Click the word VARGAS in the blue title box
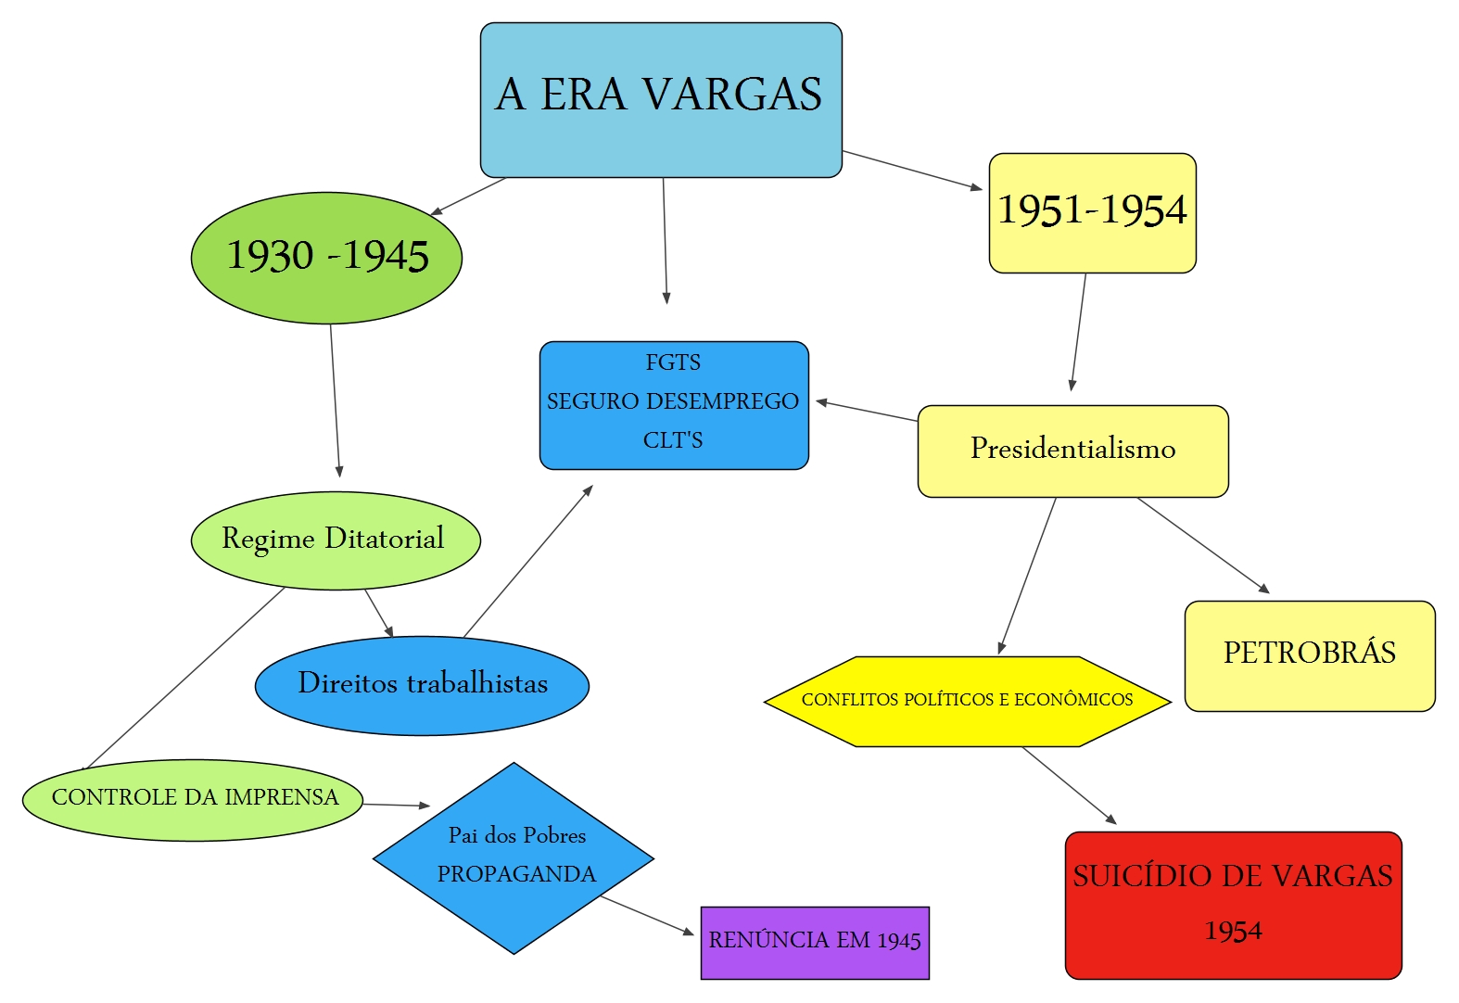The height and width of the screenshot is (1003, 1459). (x=732, y=95)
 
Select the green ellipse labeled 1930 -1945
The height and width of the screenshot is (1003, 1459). (x=326, y=257)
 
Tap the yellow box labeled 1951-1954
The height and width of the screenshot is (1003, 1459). (x=1092, y=211)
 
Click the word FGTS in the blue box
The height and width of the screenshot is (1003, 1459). (x=673, y=362)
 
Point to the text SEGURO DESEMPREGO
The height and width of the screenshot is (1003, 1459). (x=673, y=401)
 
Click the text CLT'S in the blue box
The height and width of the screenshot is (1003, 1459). (x=673, y=440)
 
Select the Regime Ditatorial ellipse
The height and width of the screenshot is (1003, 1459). (x=335, y=540)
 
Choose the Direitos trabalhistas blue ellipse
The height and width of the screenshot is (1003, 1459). (x=422, y=685)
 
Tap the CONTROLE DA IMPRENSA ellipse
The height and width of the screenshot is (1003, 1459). (x=194, y=798)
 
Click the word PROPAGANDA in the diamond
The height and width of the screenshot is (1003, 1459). (x=516, y=874)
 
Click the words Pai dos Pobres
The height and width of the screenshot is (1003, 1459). (x=517, y=836)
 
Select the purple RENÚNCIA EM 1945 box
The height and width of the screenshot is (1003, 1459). (x=815, y=942)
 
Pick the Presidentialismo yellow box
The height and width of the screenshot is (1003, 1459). (x=1072, y=450)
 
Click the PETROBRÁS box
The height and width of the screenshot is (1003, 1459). (x=1309, y=654)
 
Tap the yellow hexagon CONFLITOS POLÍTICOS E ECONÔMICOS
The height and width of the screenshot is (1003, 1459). (x=967, y=701)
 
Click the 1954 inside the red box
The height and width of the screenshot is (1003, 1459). (x=1233, y=931)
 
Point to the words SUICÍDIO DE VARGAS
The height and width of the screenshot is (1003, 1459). (x=1233, y=876)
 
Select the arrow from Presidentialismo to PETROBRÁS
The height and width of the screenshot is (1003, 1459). (x=1202, y=545)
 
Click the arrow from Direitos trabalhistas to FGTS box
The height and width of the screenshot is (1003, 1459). (x=527, y=562)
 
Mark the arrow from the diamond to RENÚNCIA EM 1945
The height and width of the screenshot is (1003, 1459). (x=646, y=915)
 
